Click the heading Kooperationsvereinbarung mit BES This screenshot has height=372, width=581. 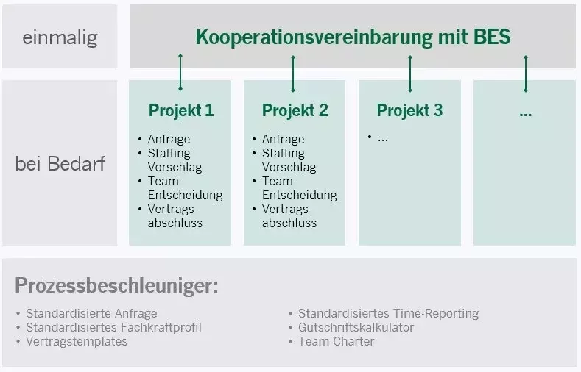353,37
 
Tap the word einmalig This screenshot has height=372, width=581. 60,37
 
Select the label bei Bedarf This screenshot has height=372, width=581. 60,163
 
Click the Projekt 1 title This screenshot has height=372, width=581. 181,111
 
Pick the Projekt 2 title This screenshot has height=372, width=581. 295,111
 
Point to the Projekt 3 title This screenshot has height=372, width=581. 409,111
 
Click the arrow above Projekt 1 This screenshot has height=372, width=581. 180,71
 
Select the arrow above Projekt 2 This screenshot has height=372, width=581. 293,71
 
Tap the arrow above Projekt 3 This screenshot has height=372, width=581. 410,71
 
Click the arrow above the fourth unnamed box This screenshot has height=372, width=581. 525,71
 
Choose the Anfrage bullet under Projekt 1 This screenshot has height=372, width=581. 169,139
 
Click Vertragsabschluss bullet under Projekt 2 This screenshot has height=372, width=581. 289,216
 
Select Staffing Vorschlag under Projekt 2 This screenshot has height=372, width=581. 289,160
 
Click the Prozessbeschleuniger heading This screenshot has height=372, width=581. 116,285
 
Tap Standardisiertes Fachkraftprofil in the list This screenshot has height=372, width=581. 113,327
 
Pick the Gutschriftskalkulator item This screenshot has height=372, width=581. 356,327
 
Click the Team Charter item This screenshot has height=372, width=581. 336,341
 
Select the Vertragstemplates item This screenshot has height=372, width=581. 77,341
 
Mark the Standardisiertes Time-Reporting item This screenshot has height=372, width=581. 388,313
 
